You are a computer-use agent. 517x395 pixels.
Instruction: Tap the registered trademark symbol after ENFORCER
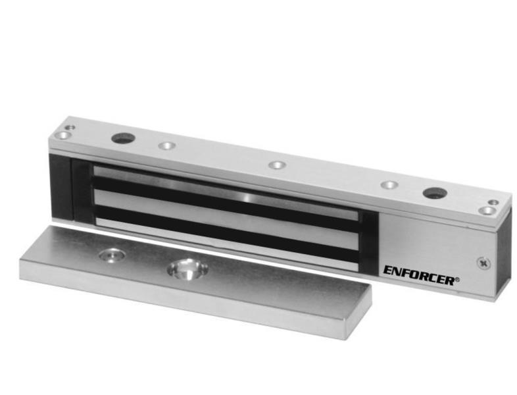pos(457,280)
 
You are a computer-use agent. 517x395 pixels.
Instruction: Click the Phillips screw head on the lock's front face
pos(483,263)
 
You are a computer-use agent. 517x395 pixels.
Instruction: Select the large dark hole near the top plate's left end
pos(124,138)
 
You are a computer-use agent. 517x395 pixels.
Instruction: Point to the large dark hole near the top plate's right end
pos(436,193)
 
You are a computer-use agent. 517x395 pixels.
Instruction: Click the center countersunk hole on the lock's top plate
pos(277,165)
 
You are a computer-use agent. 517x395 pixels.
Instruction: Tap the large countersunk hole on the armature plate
pos(187,269)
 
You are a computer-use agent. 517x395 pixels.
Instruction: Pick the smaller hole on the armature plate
pos(112,255)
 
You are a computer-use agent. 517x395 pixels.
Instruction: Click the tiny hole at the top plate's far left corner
pos(70,127)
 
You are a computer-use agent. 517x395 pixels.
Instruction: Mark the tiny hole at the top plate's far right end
pos(493,202)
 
